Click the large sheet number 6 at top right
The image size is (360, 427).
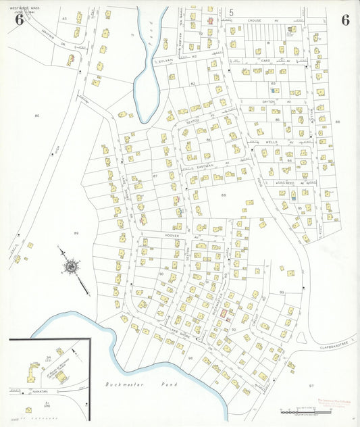pos(344,20)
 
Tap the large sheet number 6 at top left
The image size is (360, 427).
pos(19,20)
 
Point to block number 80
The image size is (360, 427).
pos(37,116)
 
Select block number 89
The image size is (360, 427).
pos(76,233)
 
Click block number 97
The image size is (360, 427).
pos(311,385)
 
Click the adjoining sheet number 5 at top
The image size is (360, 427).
pos(230,11)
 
